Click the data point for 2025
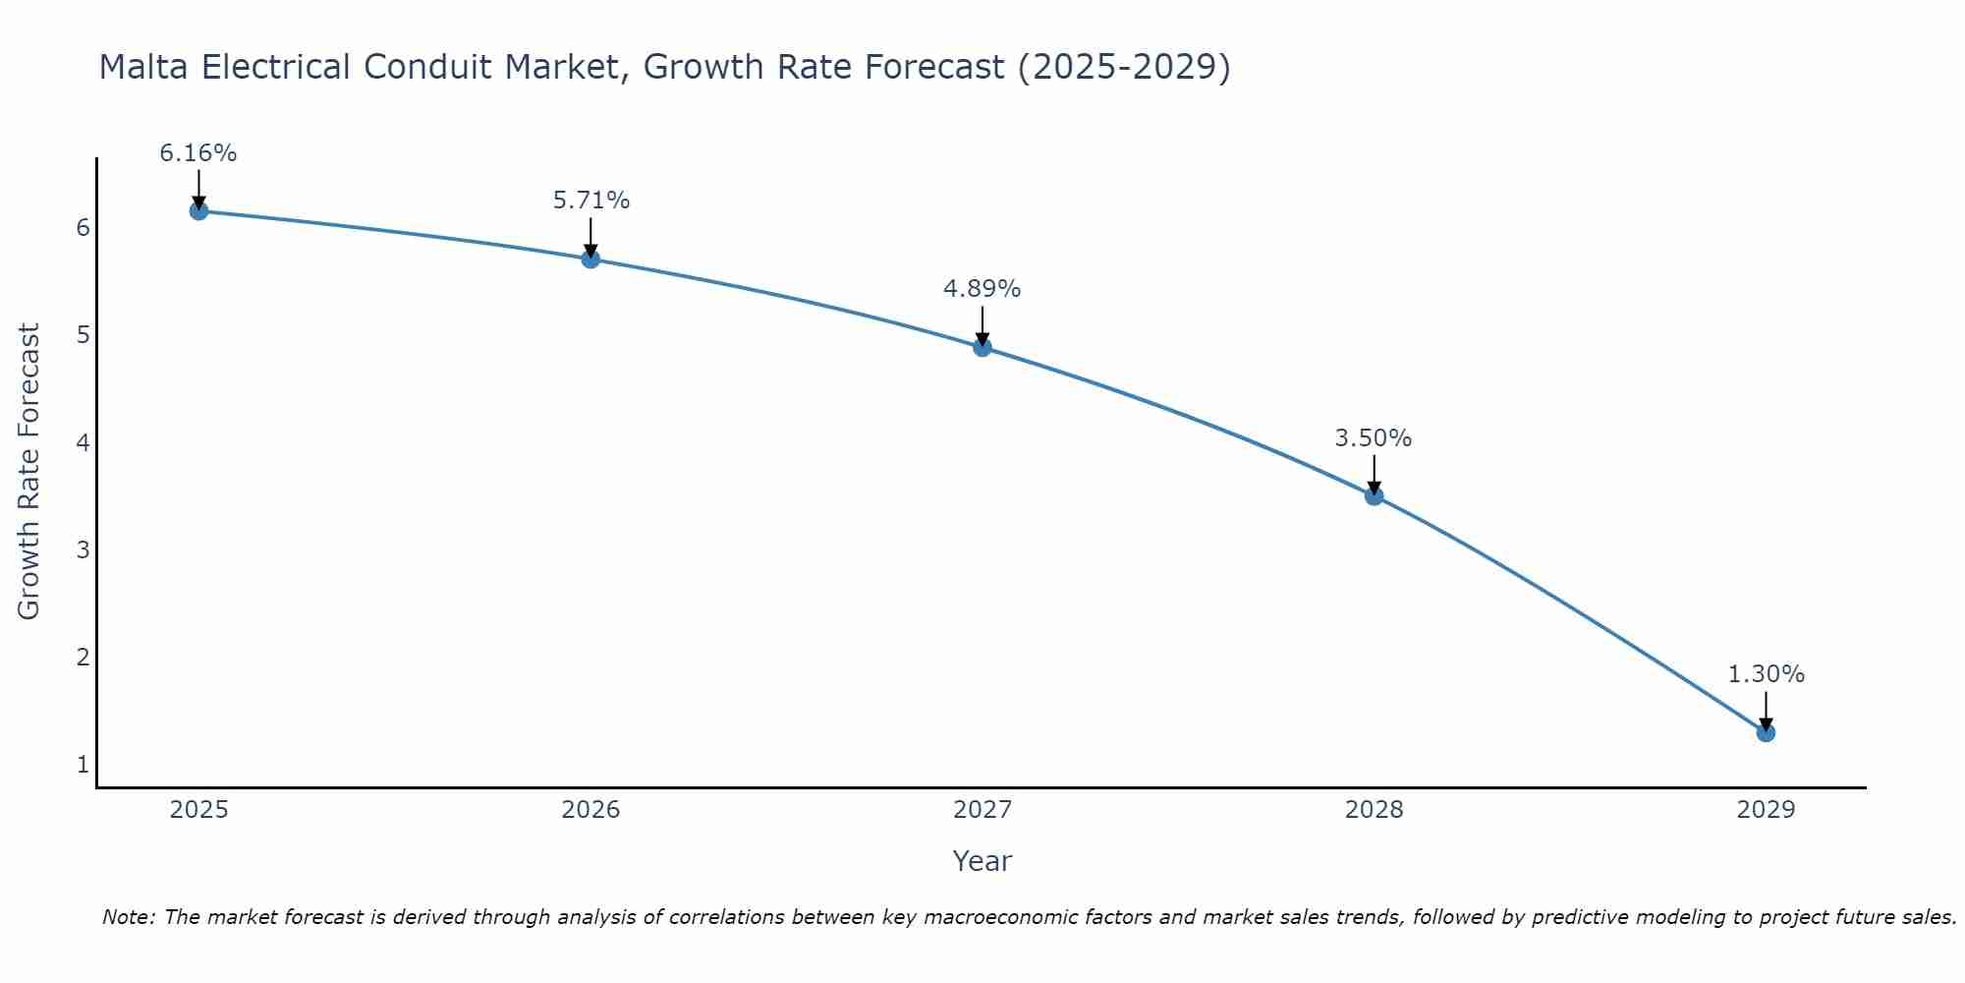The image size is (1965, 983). point(198,210)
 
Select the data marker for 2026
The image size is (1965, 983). point(590,259)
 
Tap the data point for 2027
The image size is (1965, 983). point(982,347)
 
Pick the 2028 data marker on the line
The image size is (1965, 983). point(1374,495)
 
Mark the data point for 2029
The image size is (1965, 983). point(1766,732)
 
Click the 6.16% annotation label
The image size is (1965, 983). point(198,153)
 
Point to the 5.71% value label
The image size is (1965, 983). point(590,201)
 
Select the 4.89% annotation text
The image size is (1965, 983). point(982,289)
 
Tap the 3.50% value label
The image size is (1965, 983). point(1374,438)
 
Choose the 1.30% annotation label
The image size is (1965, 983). point(1766,674)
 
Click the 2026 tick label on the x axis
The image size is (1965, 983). point(590,810)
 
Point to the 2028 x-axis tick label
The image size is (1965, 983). point(1374,810)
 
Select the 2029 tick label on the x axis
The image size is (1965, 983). point(1766,810)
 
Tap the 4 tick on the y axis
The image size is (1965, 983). point(83,442)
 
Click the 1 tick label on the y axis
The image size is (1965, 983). point(83,764)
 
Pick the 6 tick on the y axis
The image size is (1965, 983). point(83,228)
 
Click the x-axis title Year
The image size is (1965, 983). point(982,861)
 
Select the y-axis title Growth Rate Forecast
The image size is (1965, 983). point(29,472)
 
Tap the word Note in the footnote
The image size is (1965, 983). point(128,917)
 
